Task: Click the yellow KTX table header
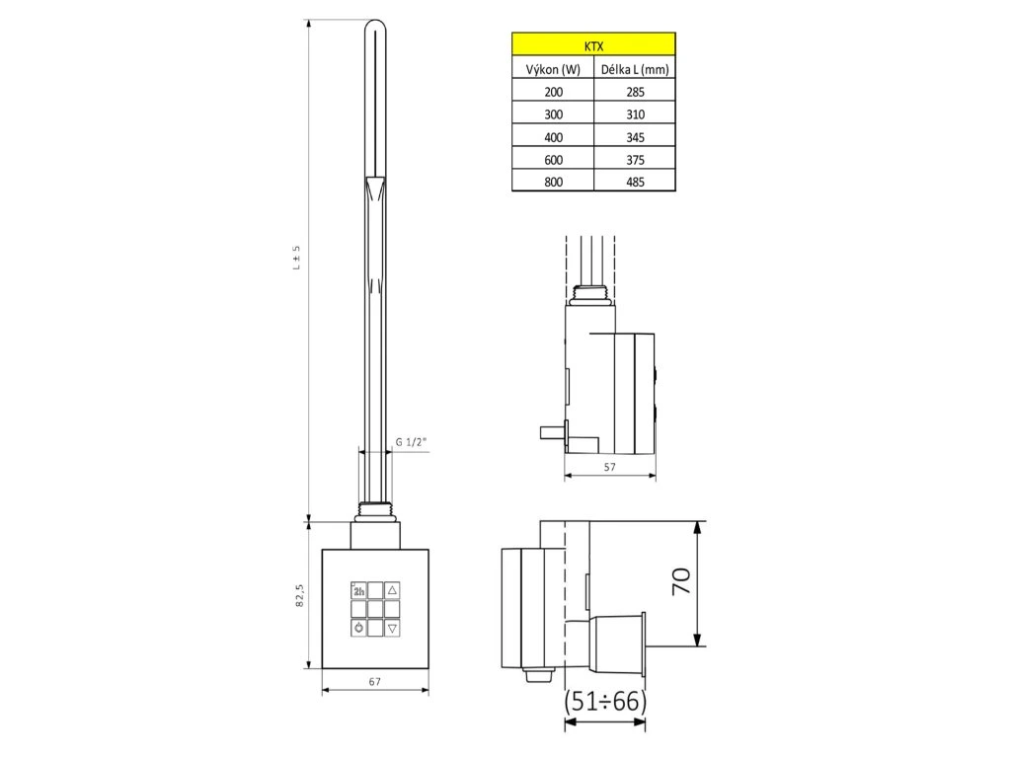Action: point(593,45)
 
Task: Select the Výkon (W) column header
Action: point(553,69)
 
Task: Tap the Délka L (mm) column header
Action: point(635,69)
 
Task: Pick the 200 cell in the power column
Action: point(553,92)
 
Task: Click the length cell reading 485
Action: point(635,182)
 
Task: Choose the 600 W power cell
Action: point(553,159)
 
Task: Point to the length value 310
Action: point(635,114)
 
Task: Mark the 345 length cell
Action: point(635,136)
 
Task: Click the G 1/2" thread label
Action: point(411,441)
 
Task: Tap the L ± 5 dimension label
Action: point(296,258)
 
